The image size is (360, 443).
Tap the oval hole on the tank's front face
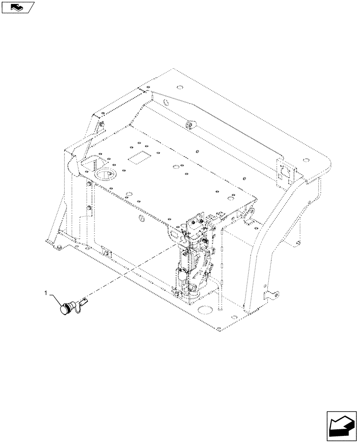point(141,218)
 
